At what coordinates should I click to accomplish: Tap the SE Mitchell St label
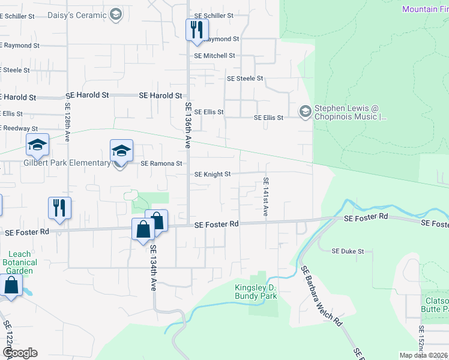pos(214,56)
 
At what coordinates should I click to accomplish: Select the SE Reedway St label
pos(19,128)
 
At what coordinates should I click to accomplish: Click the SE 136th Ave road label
pos(188,125)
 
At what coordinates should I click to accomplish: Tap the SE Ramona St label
pos(161,163)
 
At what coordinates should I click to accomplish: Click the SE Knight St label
pos(212,175)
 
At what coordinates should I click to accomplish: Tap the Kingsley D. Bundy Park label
pos(256,292)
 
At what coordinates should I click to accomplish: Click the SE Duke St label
pos(348,251)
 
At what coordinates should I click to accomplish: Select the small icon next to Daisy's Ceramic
pos(116,13)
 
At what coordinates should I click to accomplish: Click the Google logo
pos(20,353)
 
